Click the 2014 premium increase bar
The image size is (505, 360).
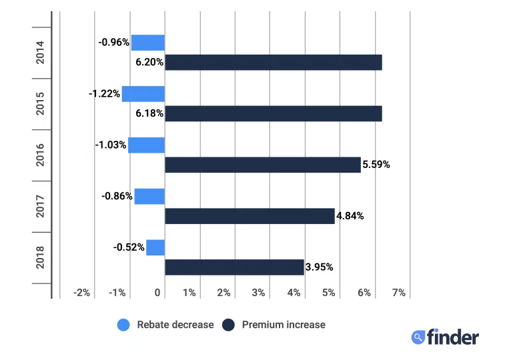tap(273, 62)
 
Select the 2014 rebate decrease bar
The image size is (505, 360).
tap(147, 43)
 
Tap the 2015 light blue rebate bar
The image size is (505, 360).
tap(143, 94)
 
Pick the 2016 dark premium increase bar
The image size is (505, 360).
tap(262, 165)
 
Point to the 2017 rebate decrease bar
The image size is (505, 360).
tap(149, 196)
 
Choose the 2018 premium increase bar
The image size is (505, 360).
tap(234, 267)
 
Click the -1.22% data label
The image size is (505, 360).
tap(104, 94)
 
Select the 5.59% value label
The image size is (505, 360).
tap(376, 165)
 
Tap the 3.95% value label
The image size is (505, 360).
tap(319, 267)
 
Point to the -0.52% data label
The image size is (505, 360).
tap(129, 247)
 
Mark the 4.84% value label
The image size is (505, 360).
tap(350, 216)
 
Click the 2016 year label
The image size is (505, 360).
tap(40, 155)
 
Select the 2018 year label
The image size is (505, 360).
tap(40, 257)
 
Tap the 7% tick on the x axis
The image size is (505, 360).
tap(398, 293)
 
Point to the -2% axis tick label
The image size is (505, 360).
tap(81, 293)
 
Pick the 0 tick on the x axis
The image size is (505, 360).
tap(157, 293)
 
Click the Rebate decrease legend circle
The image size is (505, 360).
tap(123, 325)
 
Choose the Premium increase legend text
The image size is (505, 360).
tap(284, 325)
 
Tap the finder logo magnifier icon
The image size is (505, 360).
tap(418, 337)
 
